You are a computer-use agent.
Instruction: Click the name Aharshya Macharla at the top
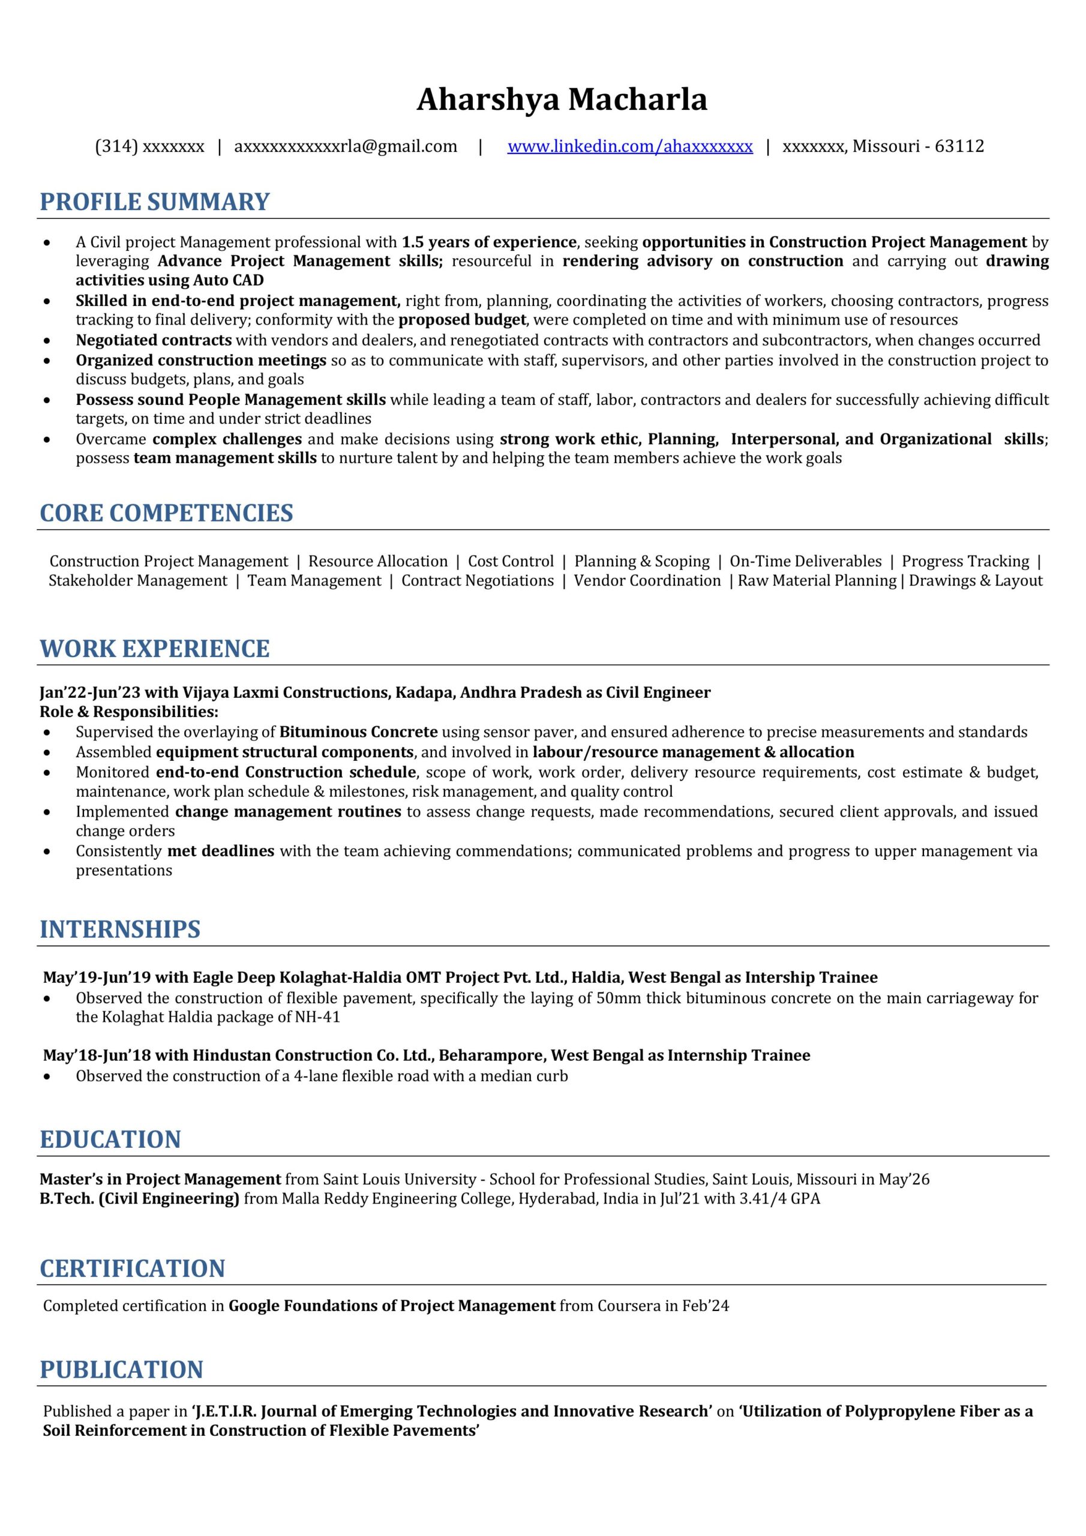pos(562,100)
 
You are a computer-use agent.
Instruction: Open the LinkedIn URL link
pos(629,146)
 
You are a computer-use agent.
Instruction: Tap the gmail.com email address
pos(345,146)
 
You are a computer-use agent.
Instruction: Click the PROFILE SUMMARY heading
pos(155,202)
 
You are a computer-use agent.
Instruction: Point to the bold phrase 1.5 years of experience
pos(488,242)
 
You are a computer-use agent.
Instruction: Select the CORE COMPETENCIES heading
pos(167,513)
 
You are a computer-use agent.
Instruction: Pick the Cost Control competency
pos(511,561)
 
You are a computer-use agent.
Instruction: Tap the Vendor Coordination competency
pos(647,581)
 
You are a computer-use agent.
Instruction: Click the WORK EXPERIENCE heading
pos(155,649)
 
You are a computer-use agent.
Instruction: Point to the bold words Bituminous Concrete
pos(358,732)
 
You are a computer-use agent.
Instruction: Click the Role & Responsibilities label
pos(129,712)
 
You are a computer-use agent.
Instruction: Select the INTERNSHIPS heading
pos(121,929)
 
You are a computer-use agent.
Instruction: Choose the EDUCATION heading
pos(110,1139)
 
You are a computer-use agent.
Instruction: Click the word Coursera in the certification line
pos(628,1306)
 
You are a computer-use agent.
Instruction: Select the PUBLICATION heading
pos(122,1369)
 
